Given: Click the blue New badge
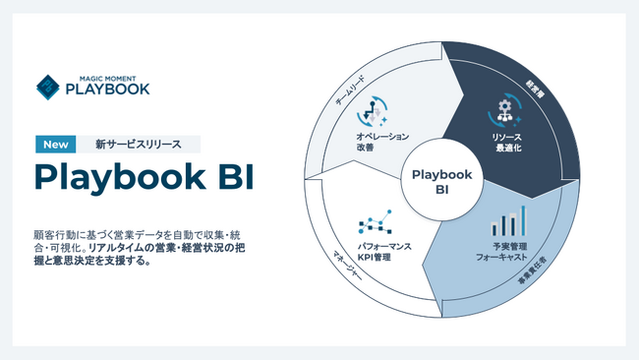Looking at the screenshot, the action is [56, 144].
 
